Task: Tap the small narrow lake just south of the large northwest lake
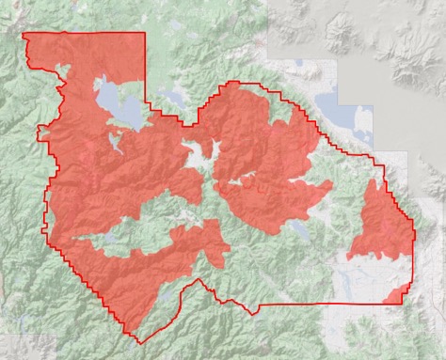pyautogui.click(x=115, y=143)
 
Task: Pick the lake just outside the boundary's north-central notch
pyautogui.click(x=173, y=97)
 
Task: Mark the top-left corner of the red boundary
pyautogui.click(x=23, y=35)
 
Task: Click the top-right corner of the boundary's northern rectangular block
pyautogui.click(x=145, y=33)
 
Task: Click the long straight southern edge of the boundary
pyautogui.click(x=311, y=304)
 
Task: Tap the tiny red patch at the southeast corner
pyautogui.click(x=394, y=296)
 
